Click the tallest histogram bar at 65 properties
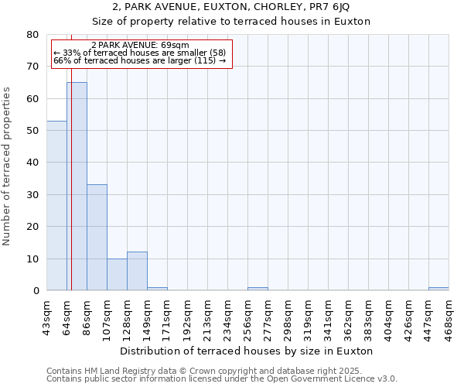pos(77,186)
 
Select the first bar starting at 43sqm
pos(56,205)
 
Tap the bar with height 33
pos(97,237)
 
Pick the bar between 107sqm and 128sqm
pos(117,274)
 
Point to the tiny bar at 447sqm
pos(438,289)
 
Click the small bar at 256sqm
pos(258,289)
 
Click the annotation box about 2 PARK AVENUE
pos(142,53)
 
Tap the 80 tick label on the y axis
pos(32,35)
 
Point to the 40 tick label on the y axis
pos(32,163)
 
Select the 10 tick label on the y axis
pos(32,259)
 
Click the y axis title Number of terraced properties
pos(8,166)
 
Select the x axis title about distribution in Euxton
pos(247,351)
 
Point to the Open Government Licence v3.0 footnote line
pos(222,379)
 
